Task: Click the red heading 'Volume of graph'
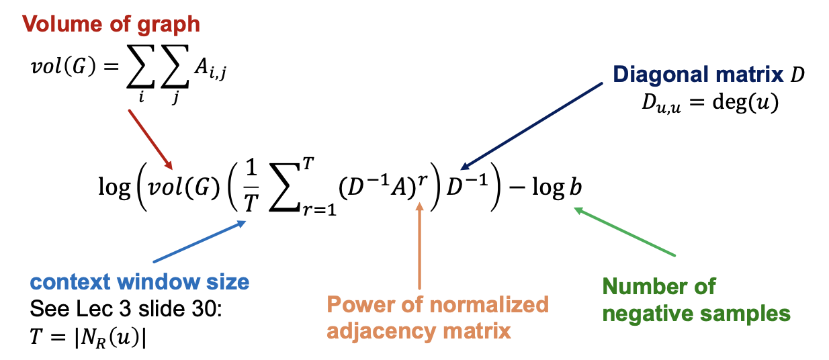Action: [112, 25]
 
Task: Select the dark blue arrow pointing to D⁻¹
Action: [531, 125]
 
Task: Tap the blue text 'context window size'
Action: [140, 282]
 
